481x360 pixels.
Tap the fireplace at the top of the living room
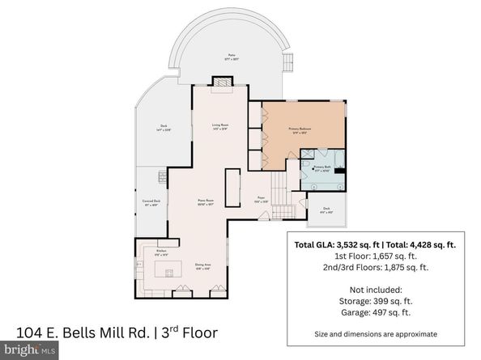pyautogui.click(x=220, y=82)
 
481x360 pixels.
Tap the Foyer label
pyautogui.click(x=262, y=198)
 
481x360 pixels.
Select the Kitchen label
pyautogui.click(x=160, y=252)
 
